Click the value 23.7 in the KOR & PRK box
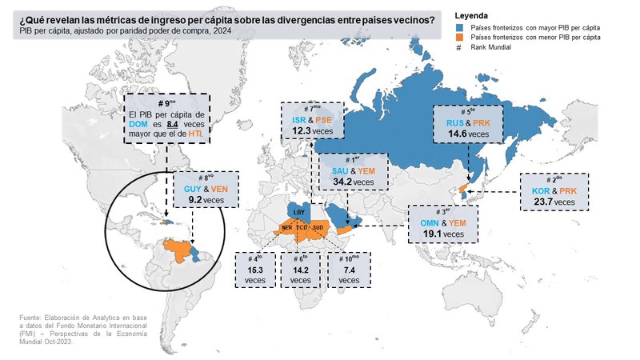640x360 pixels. pyautogui.click(x=543, y=202)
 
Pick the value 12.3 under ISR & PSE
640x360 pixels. pyautogui.click(x=301, y=130)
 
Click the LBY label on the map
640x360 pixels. pyautogui.click(x=298, y=213)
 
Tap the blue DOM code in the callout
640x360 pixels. pyautogui.click(x=136, y=126)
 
